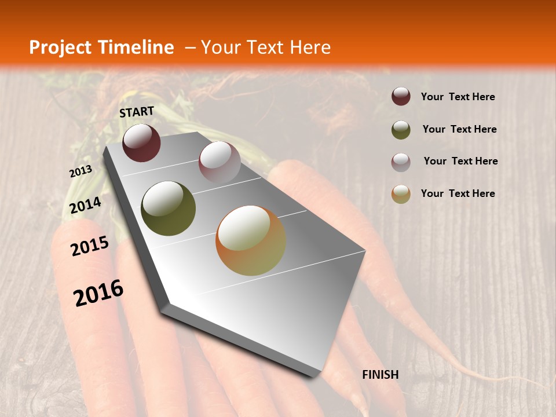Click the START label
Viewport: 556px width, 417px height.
137,112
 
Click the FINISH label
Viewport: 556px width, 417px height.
380,375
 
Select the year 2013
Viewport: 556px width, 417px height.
81,171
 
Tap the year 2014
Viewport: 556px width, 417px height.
85,206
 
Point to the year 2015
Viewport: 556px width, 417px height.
90,247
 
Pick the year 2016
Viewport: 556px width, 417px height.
98,293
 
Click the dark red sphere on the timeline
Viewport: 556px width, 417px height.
141,142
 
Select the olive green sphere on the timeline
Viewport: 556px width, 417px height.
168,209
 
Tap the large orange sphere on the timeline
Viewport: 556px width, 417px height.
250,240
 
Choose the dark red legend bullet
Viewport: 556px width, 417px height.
401,97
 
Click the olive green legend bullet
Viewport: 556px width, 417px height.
401,129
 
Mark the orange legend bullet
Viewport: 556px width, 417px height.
401,194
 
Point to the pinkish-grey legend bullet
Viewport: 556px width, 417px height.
401,162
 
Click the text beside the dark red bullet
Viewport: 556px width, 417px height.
458,97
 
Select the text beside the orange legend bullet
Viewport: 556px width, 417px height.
458,193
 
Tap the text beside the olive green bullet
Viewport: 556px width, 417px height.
459,129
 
